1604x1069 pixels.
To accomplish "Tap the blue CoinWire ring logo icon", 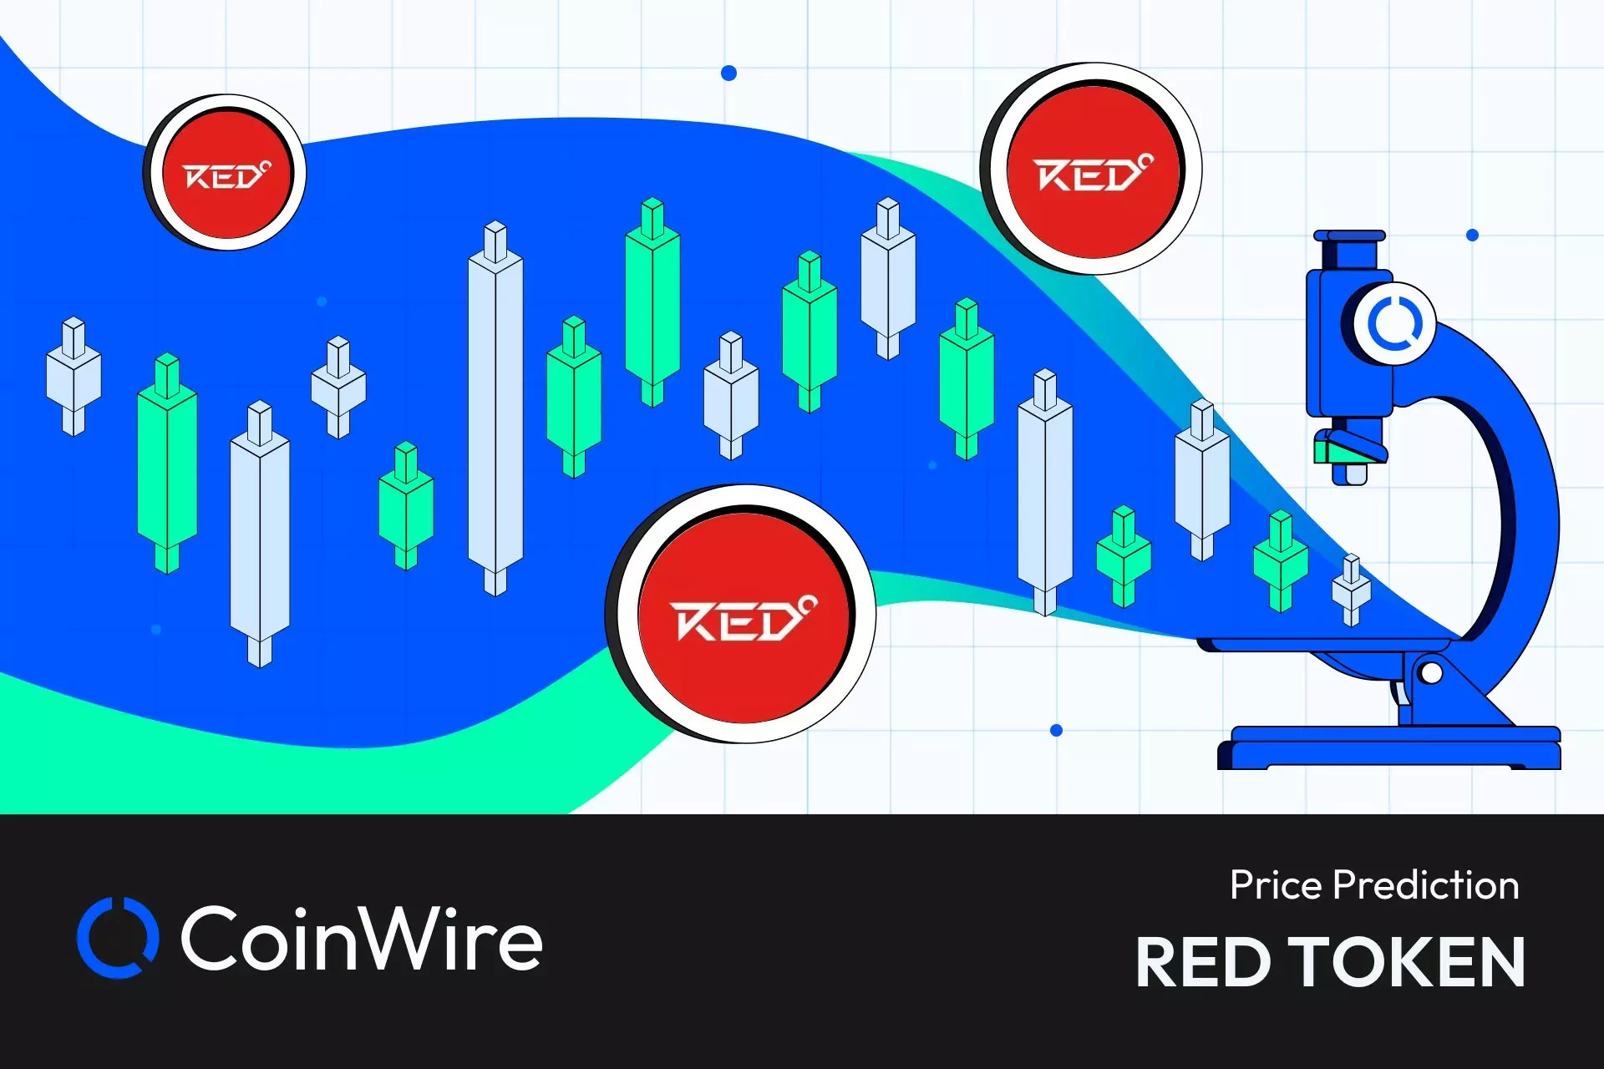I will click(x=118, y=937).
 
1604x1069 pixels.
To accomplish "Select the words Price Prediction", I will click(x=1374, y=885).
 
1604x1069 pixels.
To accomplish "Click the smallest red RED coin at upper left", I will click(x=226, y=173).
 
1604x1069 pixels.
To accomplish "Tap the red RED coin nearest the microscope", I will click(x=1093, y=170).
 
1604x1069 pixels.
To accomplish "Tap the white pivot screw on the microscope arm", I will click(x=1430, y=673).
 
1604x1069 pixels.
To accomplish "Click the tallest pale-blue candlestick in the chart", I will click(x=495, y=409).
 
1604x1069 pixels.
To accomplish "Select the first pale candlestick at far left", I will click(x=74, y=376).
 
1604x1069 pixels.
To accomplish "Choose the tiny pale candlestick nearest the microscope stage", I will click(x=1351, y=590).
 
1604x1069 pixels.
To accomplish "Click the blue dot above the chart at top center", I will click(x=728, y=73).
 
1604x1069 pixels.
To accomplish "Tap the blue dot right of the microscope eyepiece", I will click(x=1472, y=236).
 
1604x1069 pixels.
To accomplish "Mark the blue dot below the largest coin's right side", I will click(x=1056, y=731).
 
